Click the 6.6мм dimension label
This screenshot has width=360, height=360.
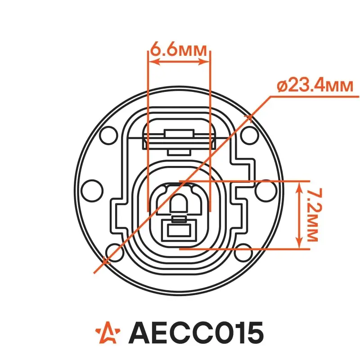(x=178, y=49)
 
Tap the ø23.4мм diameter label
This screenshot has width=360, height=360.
(x=315, y=86)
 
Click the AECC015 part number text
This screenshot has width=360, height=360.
(x=196, y=333)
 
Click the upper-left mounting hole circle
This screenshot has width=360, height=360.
(x=109, y=135)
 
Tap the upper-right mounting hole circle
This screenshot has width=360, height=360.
(x=250, y=135)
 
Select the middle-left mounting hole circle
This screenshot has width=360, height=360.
(x=92, y=190)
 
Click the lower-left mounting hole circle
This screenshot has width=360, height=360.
(x=115, y=253)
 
